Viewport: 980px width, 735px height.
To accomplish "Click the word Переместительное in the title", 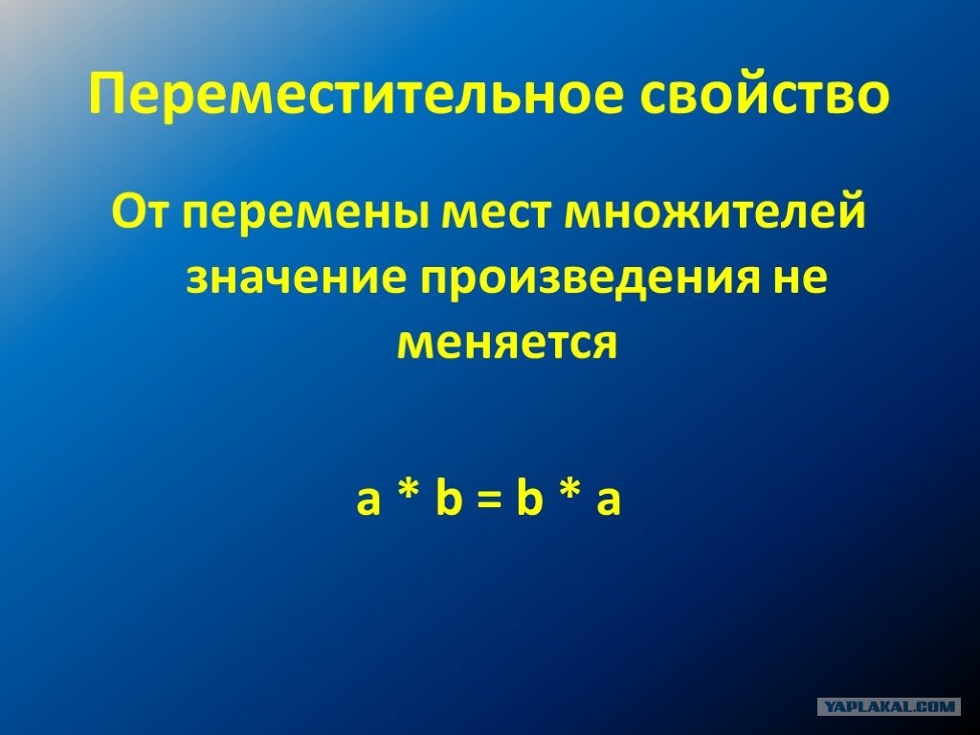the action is tap(357, 96).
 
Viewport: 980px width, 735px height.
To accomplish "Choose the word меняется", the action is tap(507, 344).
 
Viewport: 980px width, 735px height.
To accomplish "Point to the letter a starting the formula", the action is tap(368, 501).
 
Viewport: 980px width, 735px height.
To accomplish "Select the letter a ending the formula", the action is tap(608, 501).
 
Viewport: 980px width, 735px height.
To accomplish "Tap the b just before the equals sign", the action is tap(449, 497).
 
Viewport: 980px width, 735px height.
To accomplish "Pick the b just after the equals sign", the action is tap(528, 497).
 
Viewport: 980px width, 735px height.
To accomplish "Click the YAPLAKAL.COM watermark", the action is tap(889, 707).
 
